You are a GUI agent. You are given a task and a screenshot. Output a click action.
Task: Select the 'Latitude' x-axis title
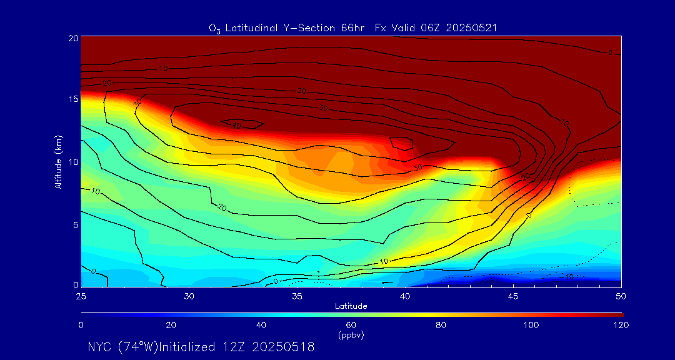coord(351,306)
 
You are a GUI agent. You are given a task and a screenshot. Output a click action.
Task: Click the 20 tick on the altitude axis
coord(72,37)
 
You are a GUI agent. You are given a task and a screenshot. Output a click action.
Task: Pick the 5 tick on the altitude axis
coord(74,224)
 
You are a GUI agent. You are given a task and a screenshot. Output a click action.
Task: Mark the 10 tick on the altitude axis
coord(72,162)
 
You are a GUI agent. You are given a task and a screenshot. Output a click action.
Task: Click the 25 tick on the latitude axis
coord(81,295)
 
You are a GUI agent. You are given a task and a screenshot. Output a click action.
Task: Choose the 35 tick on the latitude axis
coord(297,295)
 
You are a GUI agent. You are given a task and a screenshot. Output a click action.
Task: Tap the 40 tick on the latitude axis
coord(405,295)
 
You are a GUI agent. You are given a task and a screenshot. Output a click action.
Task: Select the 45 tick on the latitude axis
coord(513,295)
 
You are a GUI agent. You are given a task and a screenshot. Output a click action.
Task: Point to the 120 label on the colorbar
coord(621,325)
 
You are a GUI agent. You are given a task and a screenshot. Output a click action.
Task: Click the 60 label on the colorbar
coord(351,325)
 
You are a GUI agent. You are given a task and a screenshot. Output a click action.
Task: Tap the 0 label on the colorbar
coord(81,325)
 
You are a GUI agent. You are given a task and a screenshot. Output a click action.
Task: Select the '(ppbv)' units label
coord(351,335)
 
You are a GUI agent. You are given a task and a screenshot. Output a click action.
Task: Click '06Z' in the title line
coord(434,27)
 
